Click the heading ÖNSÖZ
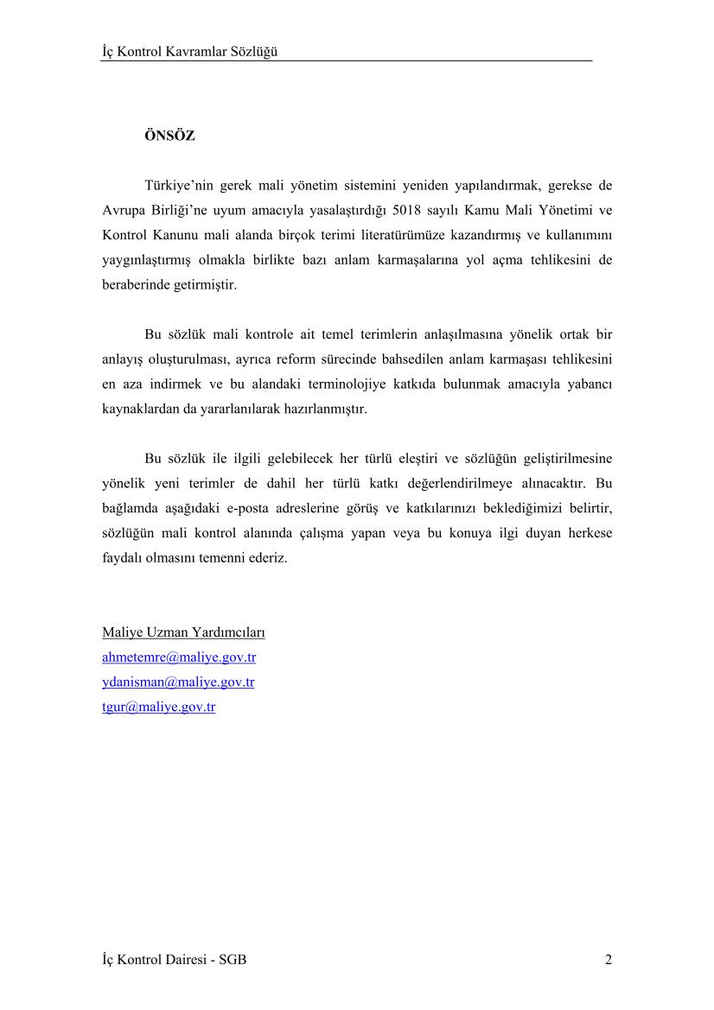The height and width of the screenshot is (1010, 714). pyautogui.click(x=169, y=136)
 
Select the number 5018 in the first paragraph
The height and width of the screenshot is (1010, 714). pyautogui.click(x=409, y=209)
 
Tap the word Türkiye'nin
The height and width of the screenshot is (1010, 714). pyautogui.click(x=177, y=185)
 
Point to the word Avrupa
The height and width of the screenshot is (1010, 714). pyautogui.click(x=122, y=209)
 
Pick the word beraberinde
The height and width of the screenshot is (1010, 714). pyautogui.click(x=135, y=284)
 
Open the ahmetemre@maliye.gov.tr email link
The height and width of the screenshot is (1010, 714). pyautogui.click(x=179, y=657)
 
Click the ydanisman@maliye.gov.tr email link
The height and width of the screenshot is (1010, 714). pyautogui.click(x=178, y=683)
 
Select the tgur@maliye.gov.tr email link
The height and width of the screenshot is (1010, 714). pyautogui.click(x=158, y=707)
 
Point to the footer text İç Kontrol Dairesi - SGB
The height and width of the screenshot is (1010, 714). pyautogui.click(x=174, y=960)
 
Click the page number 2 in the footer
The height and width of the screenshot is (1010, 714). pyautogui.click(x=609, y=960)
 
